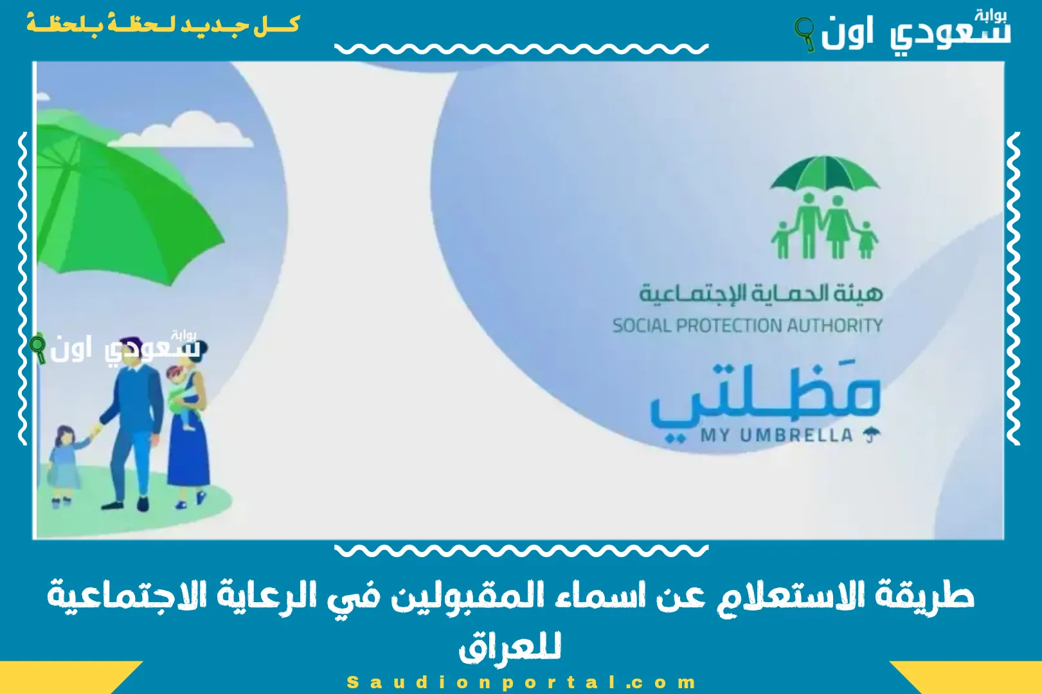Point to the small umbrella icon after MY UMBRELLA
coord(871,436)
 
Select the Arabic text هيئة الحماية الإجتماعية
coord(760,293)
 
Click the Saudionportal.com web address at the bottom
coord(521,682)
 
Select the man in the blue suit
coord(132,424)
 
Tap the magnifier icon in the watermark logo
coord(38,347)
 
